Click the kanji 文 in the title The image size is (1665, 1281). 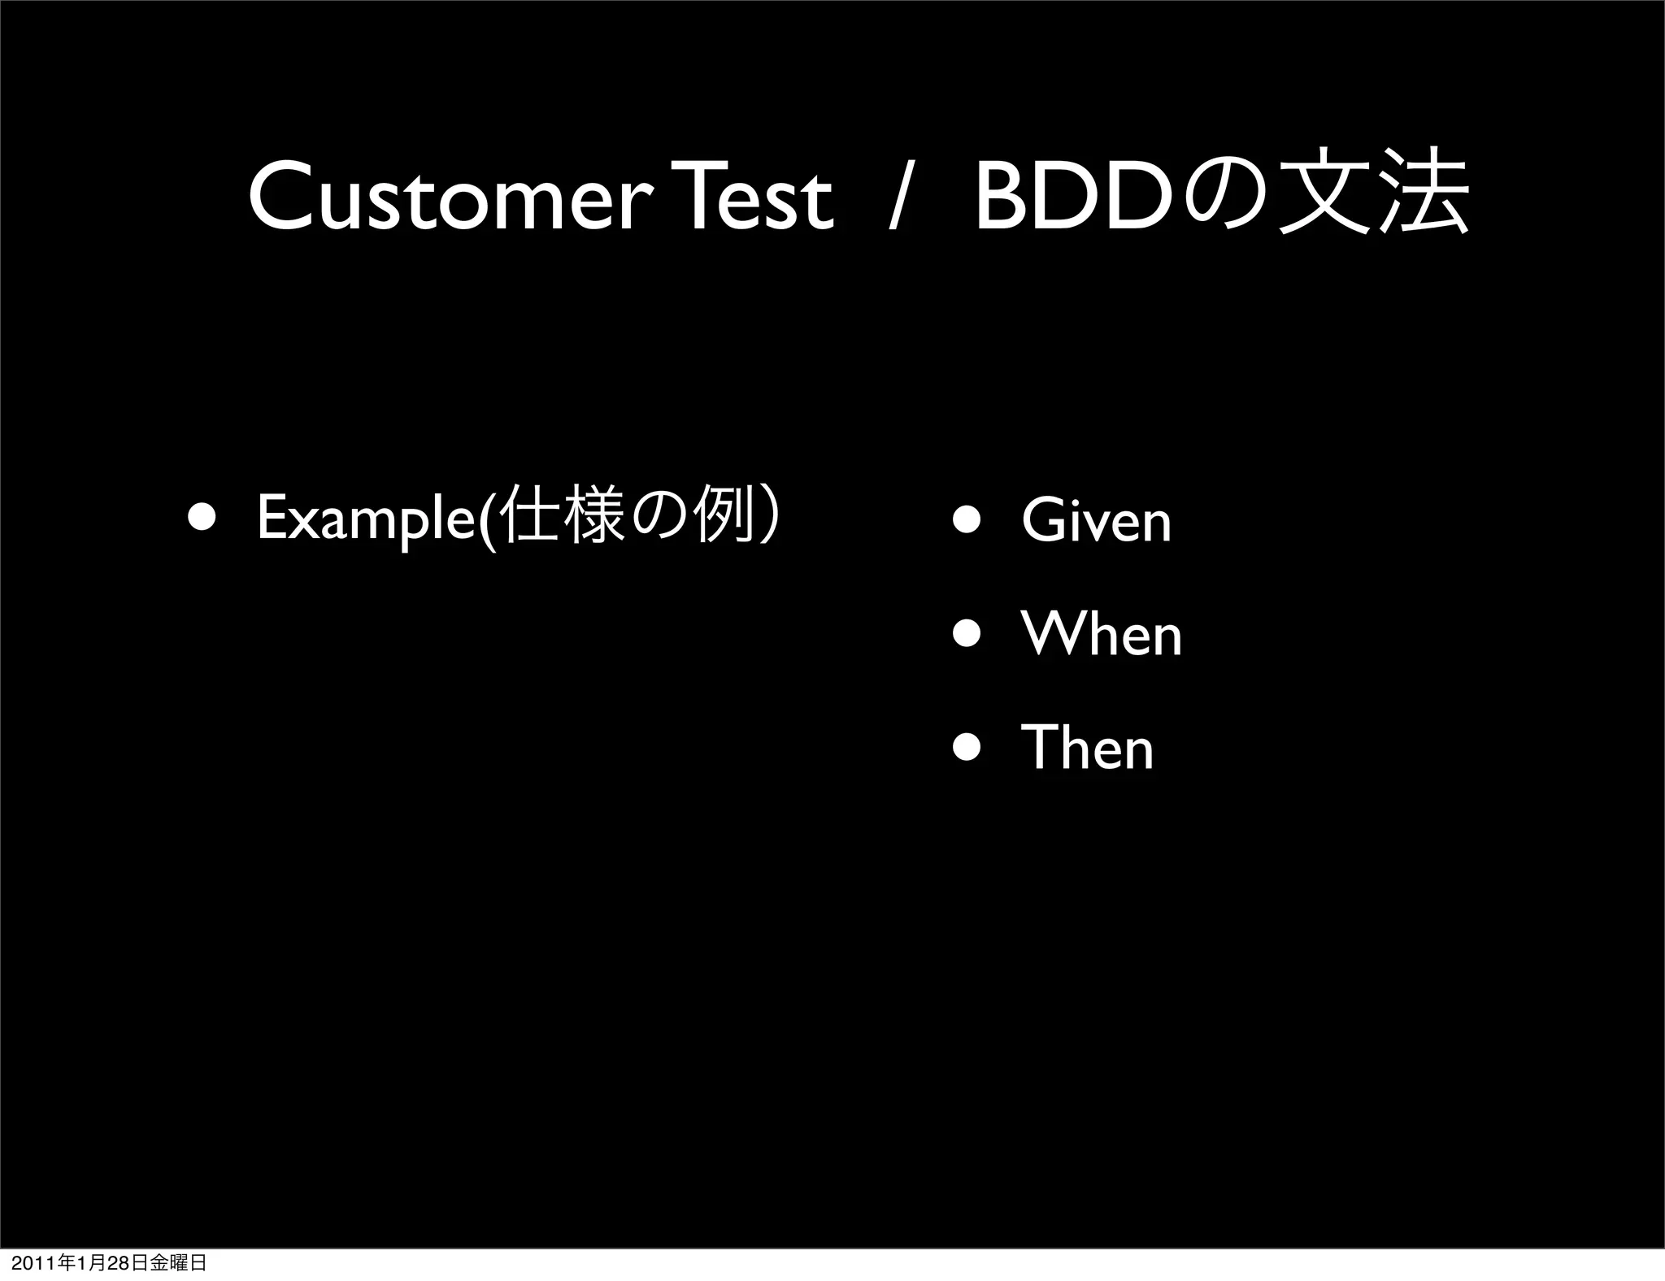tap(1322, 192)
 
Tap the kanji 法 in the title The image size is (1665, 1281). tap(1424, 192)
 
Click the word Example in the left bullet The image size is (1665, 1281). tap(370, 519)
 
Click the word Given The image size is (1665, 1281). tap(1096, 521)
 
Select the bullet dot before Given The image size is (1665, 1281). tap(967, 520)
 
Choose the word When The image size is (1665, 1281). tap(1102, 635)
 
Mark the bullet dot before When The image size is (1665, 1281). tap(967, 634)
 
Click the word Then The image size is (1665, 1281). tap(1087, 749)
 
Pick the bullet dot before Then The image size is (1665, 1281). tap(967, 748)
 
